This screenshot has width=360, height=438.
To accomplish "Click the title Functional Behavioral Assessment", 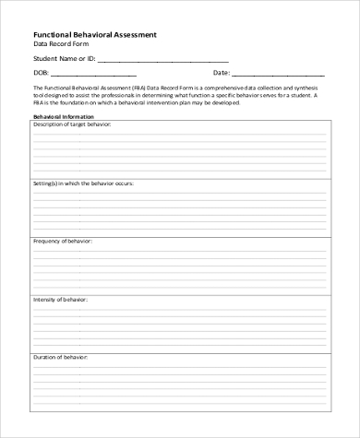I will (94, 33).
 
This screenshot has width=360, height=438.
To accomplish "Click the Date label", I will (221, 72).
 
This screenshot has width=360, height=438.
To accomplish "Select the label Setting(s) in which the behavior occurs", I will (84, 183).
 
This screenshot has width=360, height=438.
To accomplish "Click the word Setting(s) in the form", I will (46, 183).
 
